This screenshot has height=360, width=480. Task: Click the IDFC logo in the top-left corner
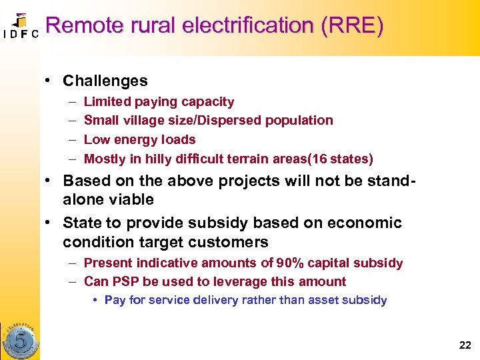20,26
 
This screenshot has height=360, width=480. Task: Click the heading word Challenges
105,81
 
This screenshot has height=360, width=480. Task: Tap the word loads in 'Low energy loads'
179,140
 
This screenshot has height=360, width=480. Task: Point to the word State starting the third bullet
81,223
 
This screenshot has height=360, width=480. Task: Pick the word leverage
260,281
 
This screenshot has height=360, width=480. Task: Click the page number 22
465,345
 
